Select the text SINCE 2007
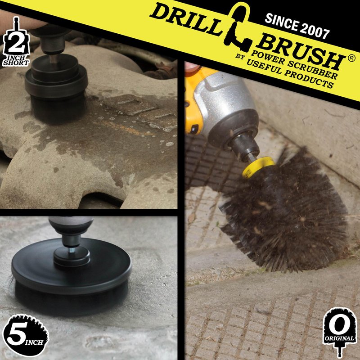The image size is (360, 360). click(297, 26)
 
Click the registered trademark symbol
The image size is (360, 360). click(351, 58)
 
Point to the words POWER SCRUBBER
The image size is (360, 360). click(294, 64)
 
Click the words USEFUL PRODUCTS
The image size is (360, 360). click(290, 73)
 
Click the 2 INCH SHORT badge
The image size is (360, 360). click(16, 42)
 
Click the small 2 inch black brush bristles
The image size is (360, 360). click(58, 109)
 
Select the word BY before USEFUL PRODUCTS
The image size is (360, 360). click(240, 57)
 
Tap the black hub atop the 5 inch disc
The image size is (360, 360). click(72, 257)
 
